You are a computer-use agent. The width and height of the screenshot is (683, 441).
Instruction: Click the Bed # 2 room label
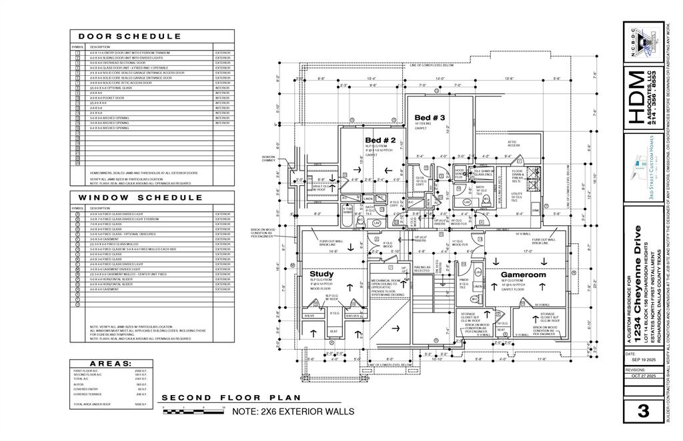380,141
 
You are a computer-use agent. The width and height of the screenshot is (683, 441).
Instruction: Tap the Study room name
322,274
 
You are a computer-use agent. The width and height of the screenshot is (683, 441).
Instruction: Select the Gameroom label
524,274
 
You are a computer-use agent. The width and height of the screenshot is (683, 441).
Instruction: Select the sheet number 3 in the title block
643,411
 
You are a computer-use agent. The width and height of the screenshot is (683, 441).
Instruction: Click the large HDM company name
637,99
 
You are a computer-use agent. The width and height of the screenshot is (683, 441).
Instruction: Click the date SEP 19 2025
642,360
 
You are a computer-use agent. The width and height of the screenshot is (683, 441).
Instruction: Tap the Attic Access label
513,143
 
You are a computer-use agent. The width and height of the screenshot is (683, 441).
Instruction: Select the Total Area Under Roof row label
91,404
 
